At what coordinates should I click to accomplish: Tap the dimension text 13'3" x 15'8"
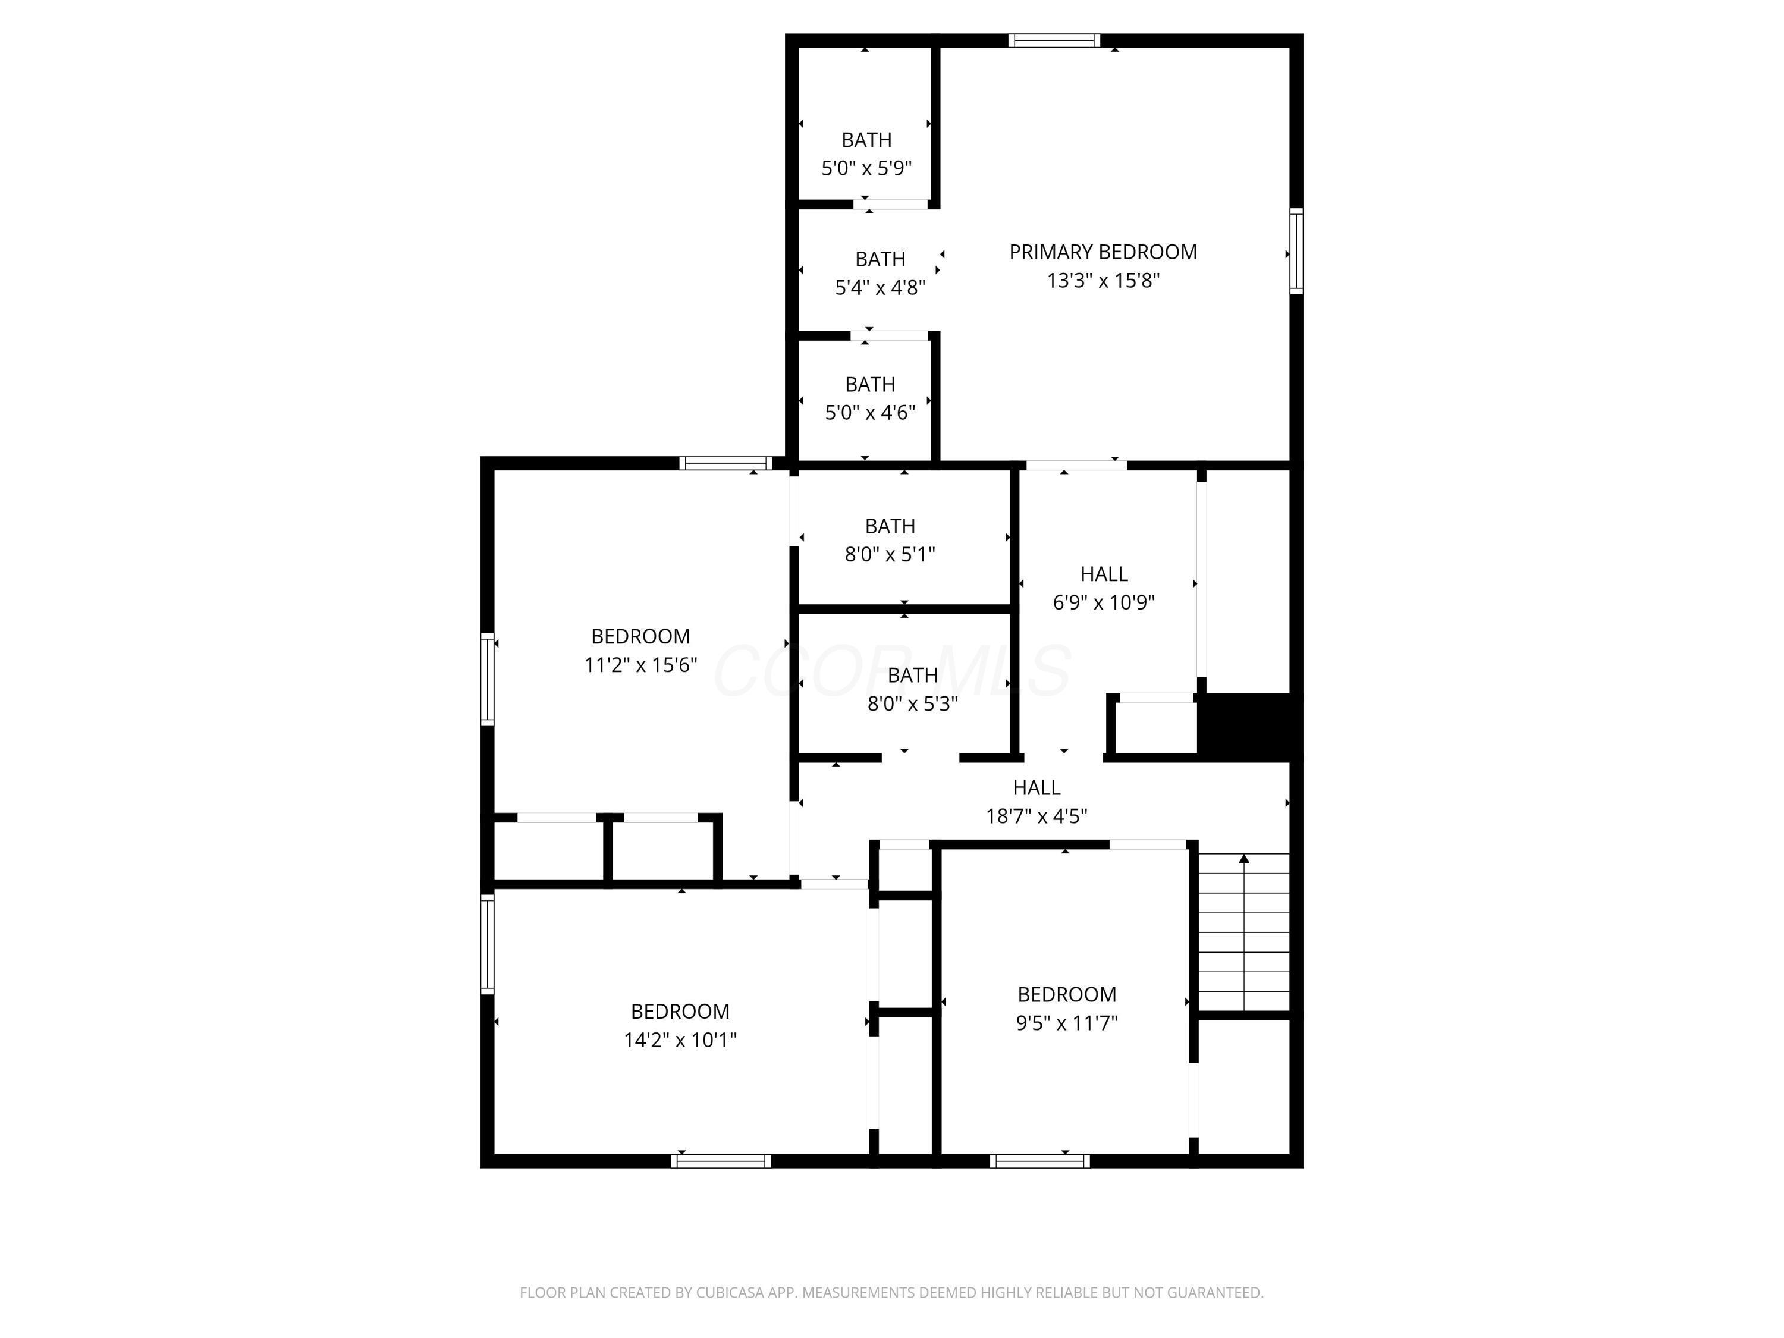1103,281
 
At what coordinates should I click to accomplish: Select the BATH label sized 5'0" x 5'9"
866,140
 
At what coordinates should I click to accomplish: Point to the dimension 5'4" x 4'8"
880,288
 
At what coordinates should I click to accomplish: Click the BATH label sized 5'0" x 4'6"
869,385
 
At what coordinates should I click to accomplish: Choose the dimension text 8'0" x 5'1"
890,555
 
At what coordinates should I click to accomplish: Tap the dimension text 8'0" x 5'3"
912,704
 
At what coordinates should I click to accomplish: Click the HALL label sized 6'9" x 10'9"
1103,574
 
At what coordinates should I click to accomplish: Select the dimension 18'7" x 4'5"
1037,816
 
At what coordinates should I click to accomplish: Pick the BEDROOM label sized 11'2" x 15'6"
640,636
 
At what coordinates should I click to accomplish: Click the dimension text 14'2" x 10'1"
680,1041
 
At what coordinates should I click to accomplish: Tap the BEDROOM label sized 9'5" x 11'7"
1066,994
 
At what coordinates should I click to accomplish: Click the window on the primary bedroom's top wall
1054,40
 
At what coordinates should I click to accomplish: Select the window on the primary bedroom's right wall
1296,251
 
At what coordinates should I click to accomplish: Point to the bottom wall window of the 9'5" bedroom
1039,1161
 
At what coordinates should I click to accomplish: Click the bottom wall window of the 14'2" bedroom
720,1161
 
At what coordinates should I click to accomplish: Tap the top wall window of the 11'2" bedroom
725,463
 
